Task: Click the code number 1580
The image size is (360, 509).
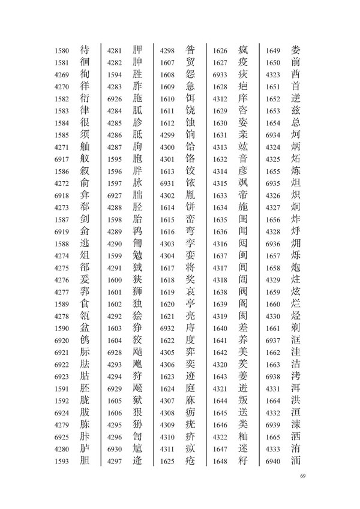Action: point(62,50)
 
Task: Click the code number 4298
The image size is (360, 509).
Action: point(167,50)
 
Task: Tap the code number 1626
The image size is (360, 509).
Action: point(220,50)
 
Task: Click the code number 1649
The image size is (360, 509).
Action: point(273,50)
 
